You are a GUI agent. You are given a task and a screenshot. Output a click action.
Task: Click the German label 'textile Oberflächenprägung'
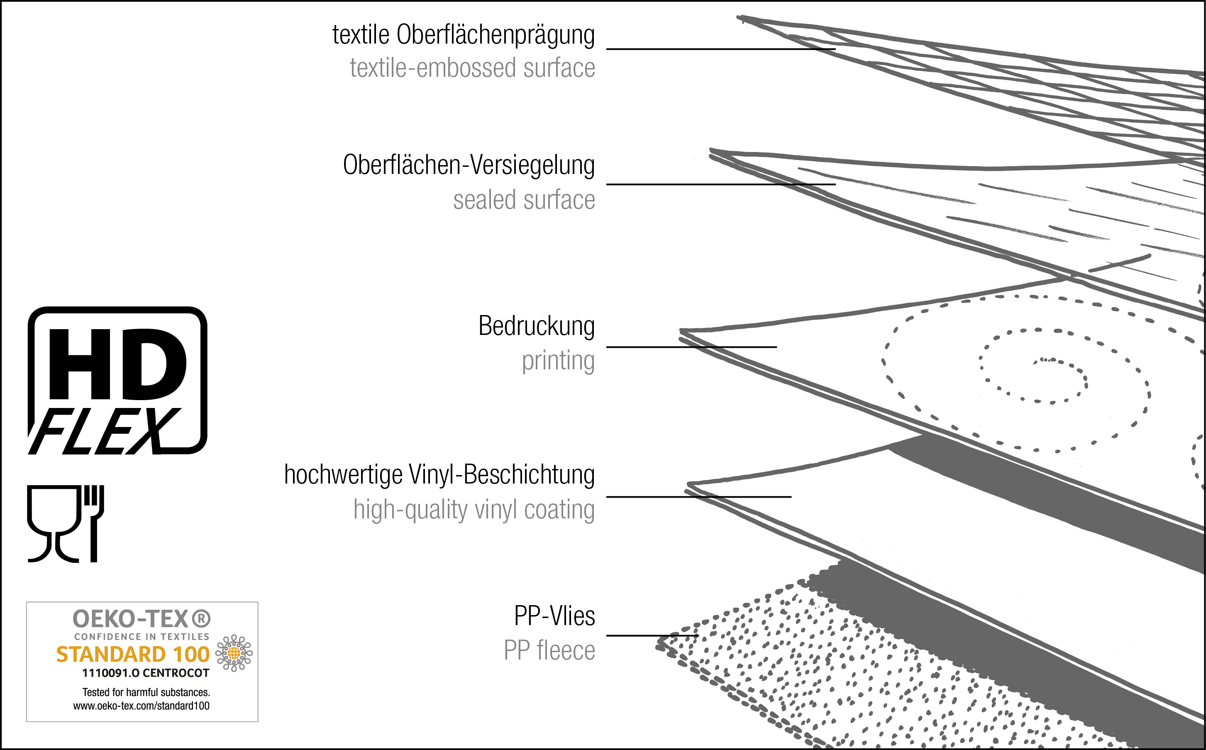click(463, 36)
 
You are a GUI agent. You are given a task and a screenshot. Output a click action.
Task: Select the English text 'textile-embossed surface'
click(472, 68)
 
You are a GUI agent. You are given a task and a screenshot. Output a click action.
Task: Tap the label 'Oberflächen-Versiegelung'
click(469, 165)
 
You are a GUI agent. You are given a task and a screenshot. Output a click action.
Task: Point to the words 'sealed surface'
click(524, 200)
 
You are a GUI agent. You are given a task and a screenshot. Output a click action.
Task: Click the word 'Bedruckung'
click(536, 326)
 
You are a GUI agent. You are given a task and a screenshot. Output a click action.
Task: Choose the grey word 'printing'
click(558, 361)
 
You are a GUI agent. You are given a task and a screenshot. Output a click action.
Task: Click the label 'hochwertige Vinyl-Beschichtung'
click(439, 475)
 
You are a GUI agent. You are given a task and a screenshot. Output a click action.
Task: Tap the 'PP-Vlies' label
click(554, 616)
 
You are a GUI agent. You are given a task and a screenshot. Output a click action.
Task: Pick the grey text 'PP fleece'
click(549, 650)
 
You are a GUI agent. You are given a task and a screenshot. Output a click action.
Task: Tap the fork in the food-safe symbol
click(94, 523)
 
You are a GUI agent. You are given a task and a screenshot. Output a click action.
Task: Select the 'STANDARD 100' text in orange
click(133, 654)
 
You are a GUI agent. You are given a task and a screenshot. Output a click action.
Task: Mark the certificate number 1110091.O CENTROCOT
click(146, 673)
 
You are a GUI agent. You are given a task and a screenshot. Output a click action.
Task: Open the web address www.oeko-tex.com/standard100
click(142, 706)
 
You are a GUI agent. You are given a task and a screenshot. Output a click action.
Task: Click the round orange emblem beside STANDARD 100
click(234, 653)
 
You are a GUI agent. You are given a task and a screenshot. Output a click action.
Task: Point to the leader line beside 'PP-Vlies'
click(652, 635)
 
